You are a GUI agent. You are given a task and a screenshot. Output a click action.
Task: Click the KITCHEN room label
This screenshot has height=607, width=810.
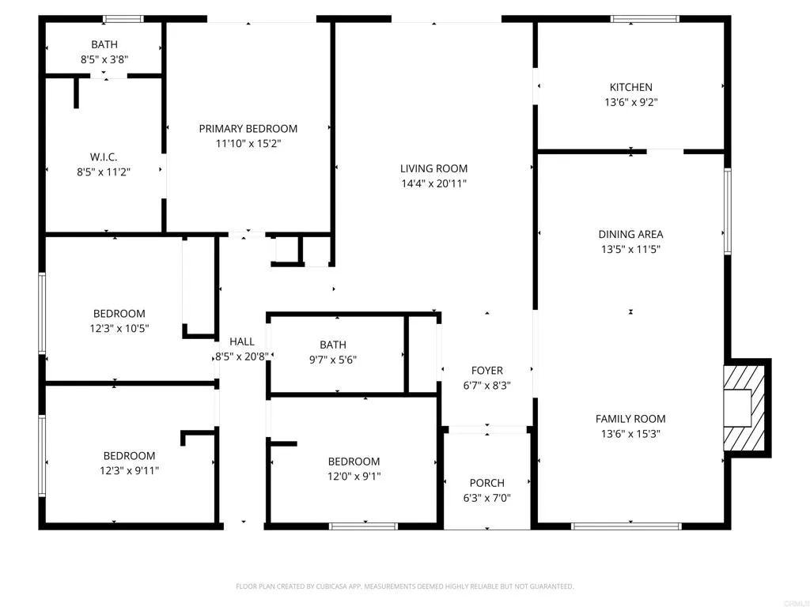(630, 87)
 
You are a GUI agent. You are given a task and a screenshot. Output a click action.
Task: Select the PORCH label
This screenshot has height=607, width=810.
(486, 483)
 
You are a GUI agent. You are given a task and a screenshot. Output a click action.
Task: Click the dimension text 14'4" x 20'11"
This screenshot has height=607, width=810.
(433, 183)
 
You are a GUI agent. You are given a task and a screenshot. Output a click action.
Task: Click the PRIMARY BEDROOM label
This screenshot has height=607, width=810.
(248, 129)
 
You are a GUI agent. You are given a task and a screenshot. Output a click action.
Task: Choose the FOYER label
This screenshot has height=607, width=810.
(486, 370)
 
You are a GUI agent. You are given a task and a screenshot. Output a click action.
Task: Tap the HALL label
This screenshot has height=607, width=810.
(242, 341)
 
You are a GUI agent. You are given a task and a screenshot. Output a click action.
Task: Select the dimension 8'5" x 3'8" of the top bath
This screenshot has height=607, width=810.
(104, 59)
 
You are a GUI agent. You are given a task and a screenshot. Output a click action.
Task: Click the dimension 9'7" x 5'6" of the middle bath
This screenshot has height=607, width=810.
(333, 359)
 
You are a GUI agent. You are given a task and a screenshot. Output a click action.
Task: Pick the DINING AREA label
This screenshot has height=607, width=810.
(630, 234)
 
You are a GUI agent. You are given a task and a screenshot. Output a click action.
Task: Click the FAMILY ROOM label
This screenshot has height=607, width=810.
(630, 419)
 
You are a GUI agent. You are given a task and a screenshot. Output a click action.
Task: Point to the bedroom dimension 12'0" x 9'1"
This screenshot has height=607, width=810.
(354, 476)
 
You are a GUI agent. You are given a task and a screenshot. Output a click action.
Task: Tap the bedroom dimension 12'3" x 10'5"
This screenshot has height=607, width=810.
(119, 328)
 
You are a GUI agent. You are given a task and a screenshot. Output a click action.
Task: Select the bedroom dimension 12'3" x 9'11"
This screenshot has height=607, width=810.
(129, 470)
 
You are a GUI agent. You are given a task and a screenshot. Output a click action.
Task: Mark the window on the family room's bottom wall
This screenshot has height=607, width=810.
(626, 526)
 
